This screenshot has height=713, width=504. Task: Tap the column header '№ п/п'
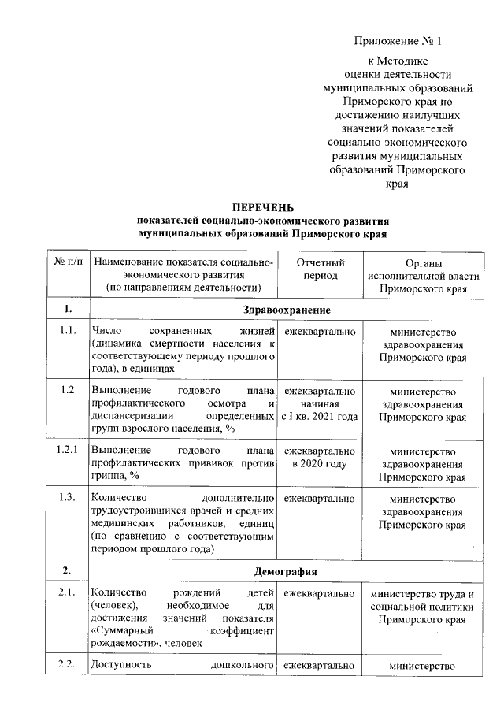[69, 262]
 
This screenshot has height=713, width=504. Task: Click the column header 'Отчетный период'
[320, 269]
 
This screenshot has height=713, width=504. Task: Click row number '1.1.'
[69, 331]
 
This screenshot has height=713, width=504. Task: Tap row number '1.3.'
[69, 497]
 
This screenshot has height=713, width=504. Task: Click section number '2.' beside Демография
[69, 570]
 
